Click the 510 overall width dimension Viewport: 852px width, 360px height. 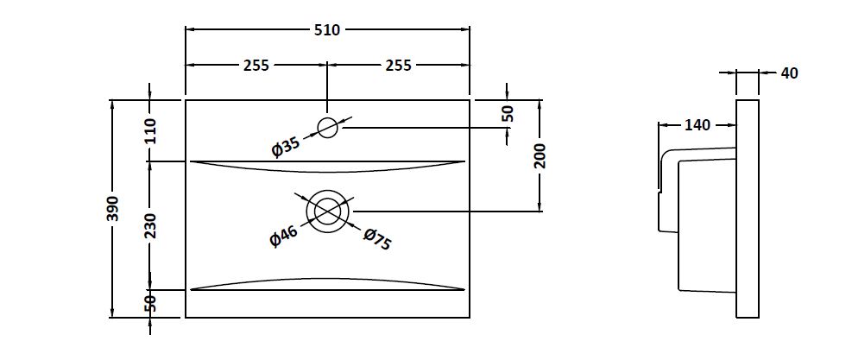[327, 30]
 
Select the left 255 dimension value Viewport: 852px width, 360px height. [256, 65]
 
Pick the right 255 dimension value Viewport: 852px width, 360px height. [398, 65]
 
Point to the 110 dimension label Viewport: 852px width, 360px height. [151, 130]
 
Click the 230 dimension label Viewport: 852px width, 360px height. [151, 225]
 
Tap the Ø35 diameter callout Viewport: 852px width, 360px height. [285, 147]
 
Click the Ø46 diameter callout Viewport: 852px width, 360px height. [283, 237]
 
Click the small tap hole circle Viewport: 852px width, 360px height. [327, 128]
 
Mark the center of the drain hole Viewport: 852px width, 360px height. [327, 211]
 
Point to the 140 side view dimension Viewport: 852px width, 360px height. [697, 125]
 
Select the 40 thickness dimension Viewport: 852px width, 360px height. [789, 73]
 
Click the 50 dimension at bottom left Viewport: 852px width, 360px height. [151, 303]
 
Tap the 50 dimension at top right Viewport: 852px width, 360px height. [508, 113]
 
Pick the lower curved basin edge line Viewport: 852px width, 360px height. [327, 281]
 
